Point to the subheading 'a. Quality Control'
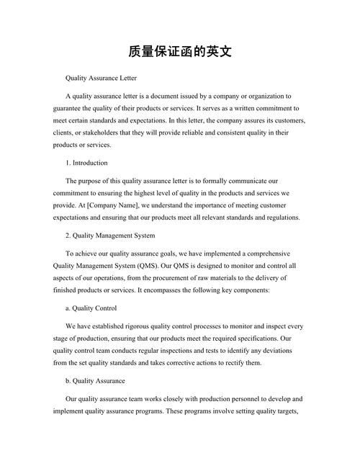92,308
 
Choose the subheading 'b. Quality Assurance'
95,380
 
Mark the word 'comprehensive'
269,254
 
